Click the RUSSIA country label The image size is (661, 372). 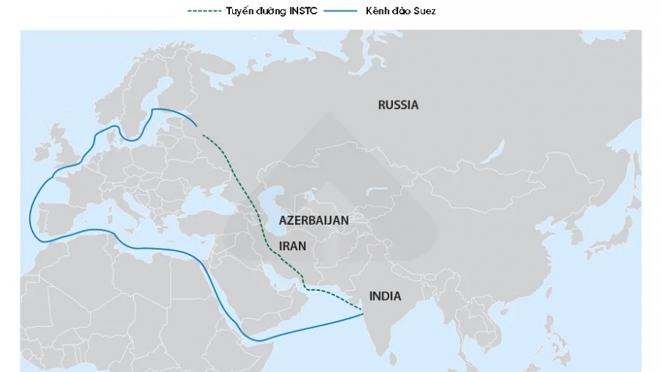[x=397, y=105]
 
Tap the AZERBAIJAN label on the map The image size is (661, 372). [x=313, y=221]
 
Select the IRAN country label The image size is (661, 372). [x=292, y=246]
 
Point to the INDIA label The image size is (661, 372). [x=385, y=296]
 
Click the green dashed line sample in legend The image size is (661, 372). [x=205, y=11]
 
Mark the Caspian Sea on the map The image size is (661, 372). [x=268, y=207]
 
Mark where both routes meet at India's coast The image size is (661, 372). [x=364, y=312]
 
